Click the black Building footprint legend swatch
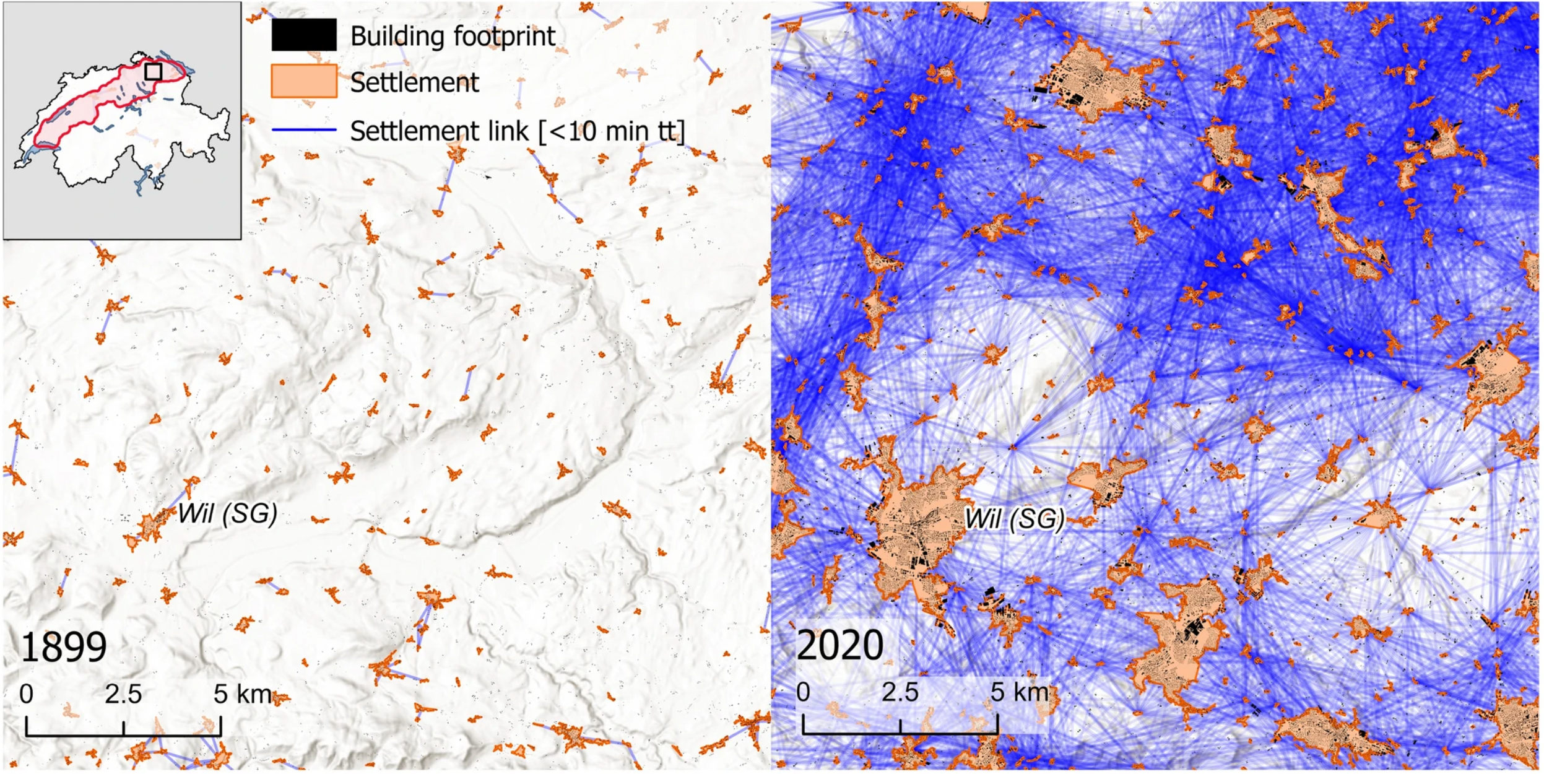tap(304, 35)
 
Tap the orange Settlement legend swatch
tap(304, 81)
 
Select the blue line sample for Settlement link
tap(304, 130)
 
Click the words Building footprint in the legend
tap(453, 36)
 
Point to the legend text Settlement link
tap(440, 131)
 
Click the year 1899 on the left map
tap(64, 647)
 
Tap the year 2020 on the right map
tap(839, 645)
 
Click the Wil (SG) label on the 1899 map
tap(227, 513)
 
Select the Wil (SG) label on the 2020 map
tap(1014, 518)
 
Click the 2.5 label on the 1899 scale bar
tap(123, 694)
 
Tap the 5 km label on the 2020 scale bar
tap(1019, 692)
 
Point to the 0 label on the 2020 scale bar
tap(803, 692)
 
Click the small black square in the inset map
tap(153, 72)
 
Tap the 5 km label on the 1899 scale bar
tap(242, 694)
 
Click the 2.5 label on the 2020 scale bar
tap(900, 692)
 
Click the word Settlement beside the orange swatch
tap(414, 82)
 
